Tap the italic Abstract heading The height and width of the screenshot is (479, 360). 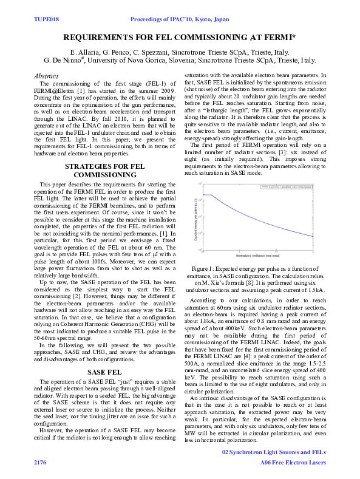click(x=48, y=75)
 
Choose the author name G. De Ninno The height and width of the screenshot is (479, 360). click(x=64, y=61)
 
